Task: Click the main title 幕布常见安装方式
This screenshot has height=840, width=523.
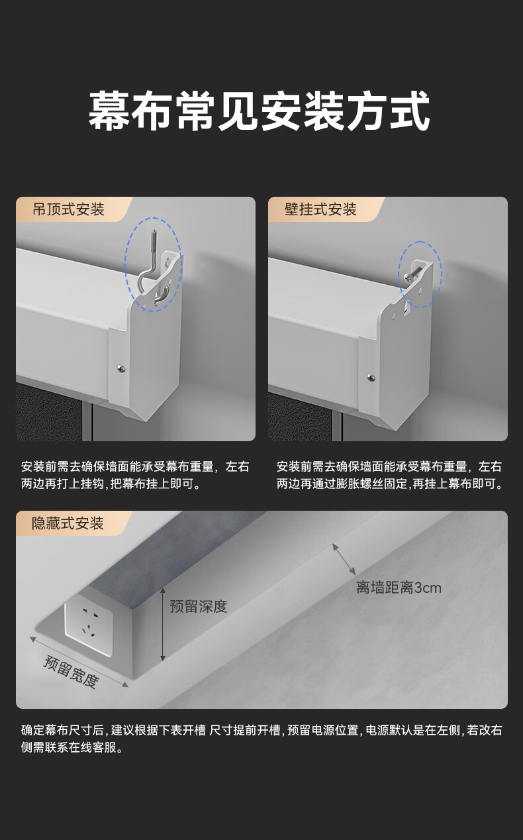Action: (260, 111)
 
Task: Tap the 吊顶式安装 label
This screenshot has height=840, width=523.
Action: (68, 209)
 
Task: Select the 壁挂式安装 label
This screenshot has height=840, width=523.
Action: (320, 209)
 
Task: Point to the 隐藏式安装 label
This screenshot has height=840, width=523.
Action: (68, 523)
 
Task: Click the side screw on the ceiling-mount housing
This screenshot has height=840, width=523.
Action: (121, 368)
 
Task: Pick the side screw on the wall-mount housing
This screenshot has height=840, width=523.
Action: (371, 377)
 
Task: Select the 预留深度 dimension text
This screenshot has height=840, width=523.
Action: (199, 606)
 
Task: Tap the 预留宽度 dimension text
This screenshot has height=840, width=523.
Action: (71, 672)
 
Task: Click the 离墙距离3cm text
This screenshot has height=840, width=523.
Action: (399, 588)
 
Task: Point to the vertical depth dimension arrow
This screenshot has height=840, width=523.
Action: (163, 625)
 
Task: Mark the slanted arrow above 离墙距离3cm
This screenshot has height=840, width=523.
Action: (344, 559)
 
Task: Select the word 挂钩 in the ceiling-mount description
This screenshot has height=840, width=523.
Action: (93, 484)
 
